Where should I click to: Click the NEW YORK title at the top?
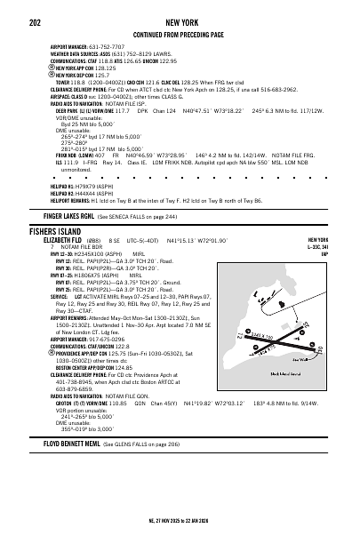pyautogui.click(x=180, y=18)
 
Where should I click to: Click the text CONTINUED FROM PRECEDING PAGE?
pyautogui.click(x=180, y=30)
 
